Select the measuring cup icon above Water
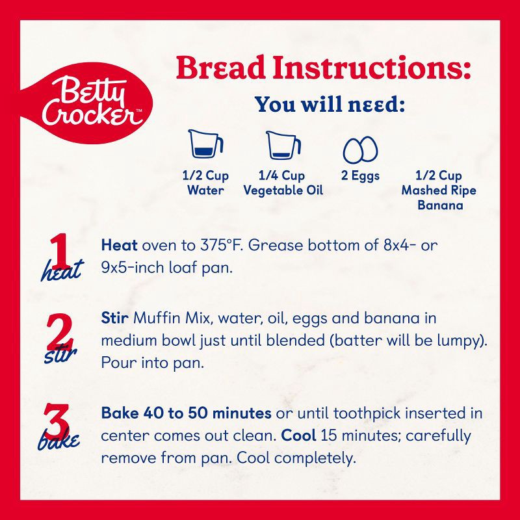pos(205,144)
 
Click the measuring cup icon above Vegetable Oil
pos(283,145)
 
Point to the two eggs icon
pos(360,149)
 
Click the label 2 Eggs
pos(360,175)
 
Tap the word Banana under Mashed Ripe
pos(440,205)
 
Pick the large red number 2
pos(60,331)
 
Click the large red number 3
pos(57,421)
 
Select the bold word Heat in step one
pos(120,246)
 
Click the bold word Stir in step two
pos(115,318)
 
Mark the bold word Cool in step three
pos(298,435)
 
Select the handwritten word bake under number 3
pos(59,440)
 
